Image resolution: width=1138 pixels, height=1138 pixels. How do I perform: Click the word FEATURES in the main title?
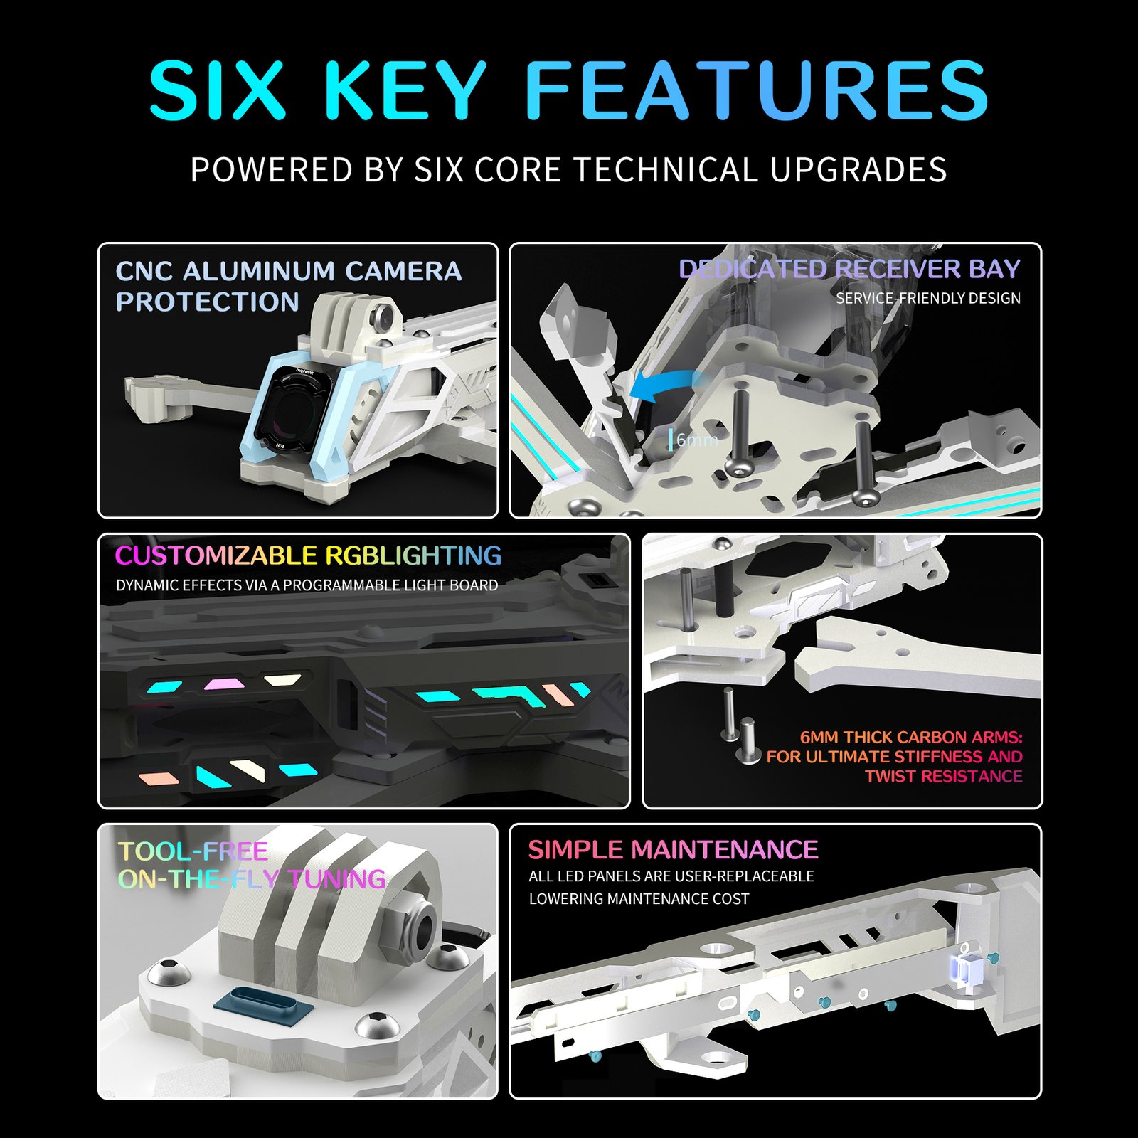tap(757, 90)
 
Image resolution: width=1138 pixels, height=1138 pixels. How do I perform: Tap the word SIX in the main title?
tap(217, 90)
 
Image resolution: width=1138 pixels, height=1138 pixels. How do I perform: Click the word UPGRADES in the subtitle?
tap(858, 170)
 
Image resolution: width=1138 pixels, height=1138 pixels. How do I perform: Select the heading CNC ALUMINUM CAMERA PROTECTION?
tap(289, 286)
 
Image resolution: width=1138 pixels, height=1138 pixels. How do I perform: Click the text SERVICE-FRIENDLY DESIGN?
tap(928, 298)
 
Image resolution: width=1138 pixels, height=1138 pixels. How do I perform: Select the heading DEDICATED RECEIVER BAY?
tap(849, 269)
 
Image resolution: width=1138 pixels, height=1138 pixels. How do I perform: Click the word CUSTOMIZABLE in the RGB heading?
tap(216, 555)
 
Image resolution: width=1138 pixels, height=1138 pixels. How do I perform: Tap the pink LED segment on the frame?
tap(224, 684)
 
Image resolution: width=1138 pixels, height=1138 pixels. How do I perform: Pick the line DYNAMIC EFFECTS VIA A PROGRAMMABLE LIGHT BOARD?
tap(307, 585)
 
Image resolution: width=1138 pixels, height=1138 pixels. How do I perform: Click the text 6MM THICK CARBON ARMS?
tap(911, 737)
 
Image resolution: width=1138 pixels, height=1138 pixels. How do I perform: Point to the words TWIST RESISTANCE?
tap(944, 776)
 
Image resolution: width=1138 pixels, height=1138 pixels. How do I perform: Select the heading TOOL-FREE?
tap(193, 851)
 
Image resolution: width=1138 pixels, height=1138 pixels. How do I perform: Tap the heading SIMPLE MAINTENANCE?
tap(673, 850)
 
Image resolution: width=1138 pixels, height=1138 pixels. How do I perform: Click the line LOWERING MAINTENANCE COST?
tap(639, 899)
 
